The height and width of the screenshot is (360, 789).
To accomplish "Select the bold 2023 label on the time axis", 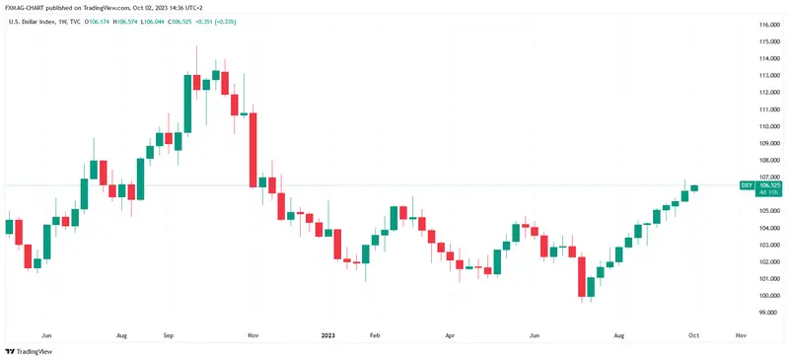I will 328,335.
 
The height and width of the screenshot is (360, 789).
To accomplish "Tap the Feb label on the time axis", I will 374,335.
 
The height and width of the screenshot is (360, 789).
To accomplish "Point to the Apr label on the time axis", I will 450,335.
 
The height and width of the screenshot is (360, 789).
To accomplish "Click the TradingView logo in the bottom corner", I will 30,351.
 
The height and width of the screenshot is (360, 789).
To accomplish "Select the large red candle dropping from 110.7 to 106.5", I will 252,149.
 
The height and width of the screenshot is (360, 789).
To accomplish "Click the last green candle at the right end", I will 694,187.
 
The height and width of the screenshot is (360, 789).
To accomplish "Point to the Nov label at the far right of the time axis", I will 741,335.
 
